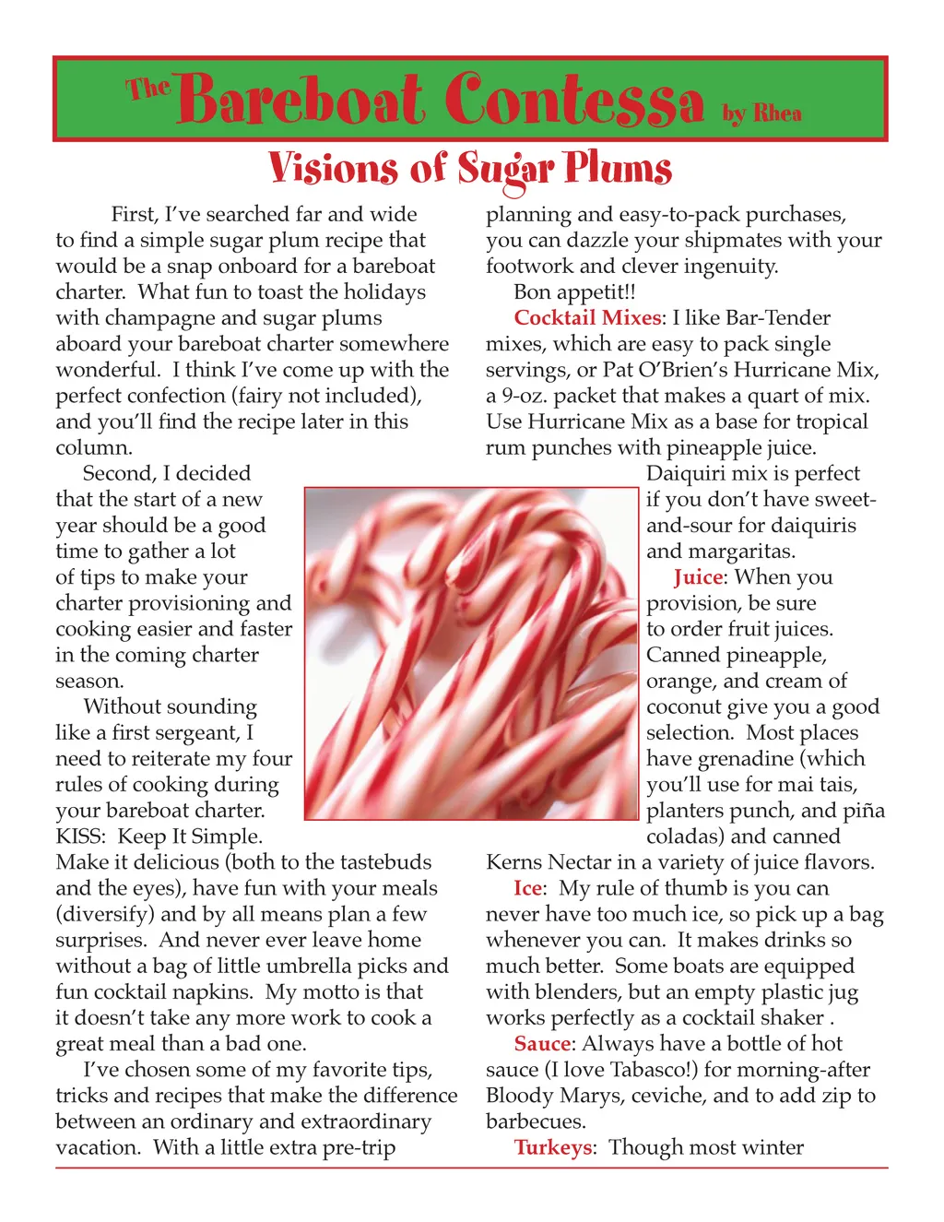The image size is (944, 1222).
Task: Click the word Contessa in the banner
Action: coord(575,100)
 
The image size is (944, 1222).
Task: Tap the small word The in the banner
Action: coord(148,89)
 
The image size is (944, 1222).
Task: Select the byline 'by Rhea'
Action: coord(761,113)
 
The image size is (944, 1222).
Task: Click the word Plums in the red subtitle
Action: coord(618,169)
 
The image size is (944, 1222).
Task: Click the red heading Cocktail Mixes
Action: coord(587,318)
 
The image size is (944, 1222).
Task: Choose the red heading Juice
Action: coord(698,577)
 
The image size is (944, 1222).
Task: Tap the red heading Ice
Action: coord(527,888)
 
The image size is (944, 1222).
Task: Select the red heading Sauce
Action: coord(542,1044)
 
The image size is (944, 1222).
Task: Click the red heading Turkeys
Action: coord(553,1147)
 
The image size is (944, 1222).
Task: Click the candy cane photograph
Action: coord(471,653)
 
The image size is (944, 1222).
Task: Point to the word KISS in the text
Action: coord(80,836)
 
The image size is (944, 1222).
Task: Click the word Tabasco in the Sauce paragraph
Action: coord(644,1070)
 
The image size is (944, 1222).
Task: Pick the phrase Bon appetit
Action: coord(573,292)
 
